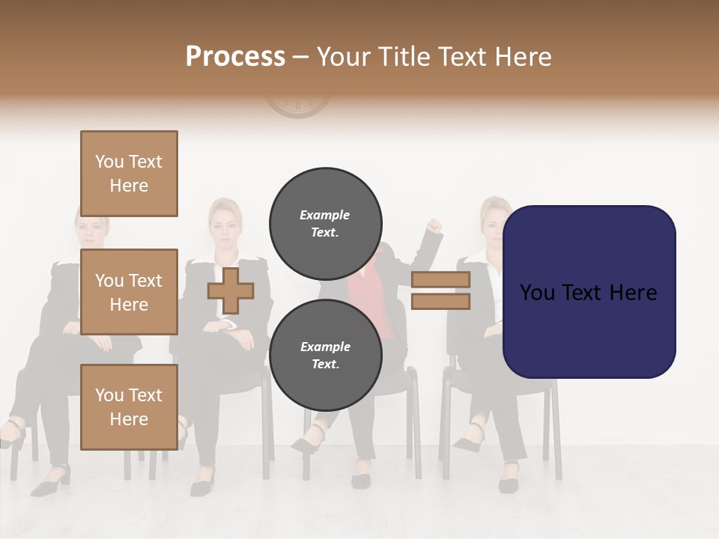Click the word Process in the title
tap(235, 56)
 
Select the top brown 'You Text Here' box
tap(129, 174)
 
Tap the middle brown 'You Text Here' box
tap(129, 292)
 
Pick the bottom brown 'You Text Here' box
tap(129, 406)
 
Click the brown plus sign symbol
tap(230, 290)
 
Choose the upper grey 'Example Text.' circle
tap(325, 223)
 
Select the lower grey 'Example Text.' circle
tap(325, 355)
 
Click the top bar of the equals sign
tap(440, 279)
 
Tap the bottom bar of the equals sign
tap(440, 302)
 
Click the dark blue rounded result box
tap(589, 292)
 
